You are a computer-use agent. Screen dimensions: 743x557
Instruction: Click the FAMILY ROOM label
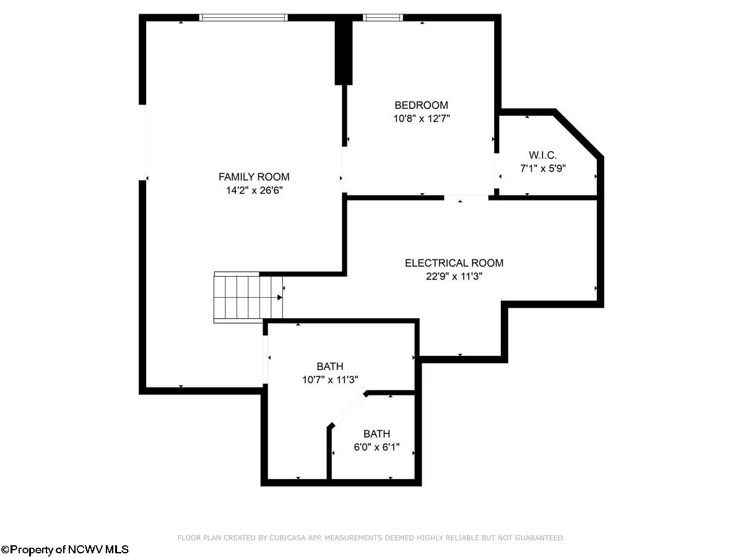coord(254,177)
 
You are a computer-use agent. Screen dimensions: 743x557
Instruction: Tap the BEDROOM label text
coord(422,105)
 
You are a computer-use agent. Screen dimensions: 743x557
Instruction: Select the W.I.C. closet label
coord(543,155)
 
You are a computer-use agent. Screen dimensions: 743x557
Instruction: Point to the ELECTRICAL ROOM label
coord(454,263)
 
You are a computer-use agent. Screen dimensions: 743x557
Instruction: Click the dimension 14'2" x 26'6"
coord(254,191)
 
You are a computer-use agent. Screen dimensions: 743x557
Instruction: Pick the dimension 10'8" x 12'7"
coord(422,119)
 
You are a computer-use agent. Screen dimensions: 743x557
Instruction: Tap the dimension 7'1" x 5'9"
coord(543,168)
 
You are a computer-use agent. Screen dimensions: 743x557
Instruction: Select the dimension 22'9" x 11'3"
coord(454,276)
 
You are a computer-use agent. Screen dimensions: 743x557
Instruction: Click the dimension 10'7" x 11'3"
coord(330,380)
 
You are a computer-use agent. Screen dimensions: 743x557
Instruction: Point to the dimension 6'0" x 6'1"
coord(376,447)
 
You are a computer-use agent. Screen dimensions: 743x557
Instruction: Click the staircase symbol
coord(248,297)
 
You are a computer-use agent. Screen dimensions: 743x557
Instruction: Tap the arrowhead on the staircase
coord(280,298)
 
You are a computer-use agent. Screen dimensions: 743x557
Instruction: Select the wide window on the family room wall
coord(243,17)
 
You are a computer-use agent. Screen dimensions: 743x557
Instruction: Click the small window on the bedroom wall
coord(383,17)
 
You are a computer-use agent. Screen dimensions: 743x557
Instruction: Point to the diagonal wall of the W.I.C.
coord(579,134)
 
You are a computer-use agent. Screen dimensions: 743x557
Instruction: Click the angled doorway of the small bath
coord(349,410)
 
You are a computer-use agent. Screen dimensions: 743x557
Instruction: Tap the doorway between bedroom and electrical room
coord(466,197)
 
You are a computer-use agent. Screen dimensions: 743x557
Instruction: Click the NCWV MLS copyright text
coord(64,549)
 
